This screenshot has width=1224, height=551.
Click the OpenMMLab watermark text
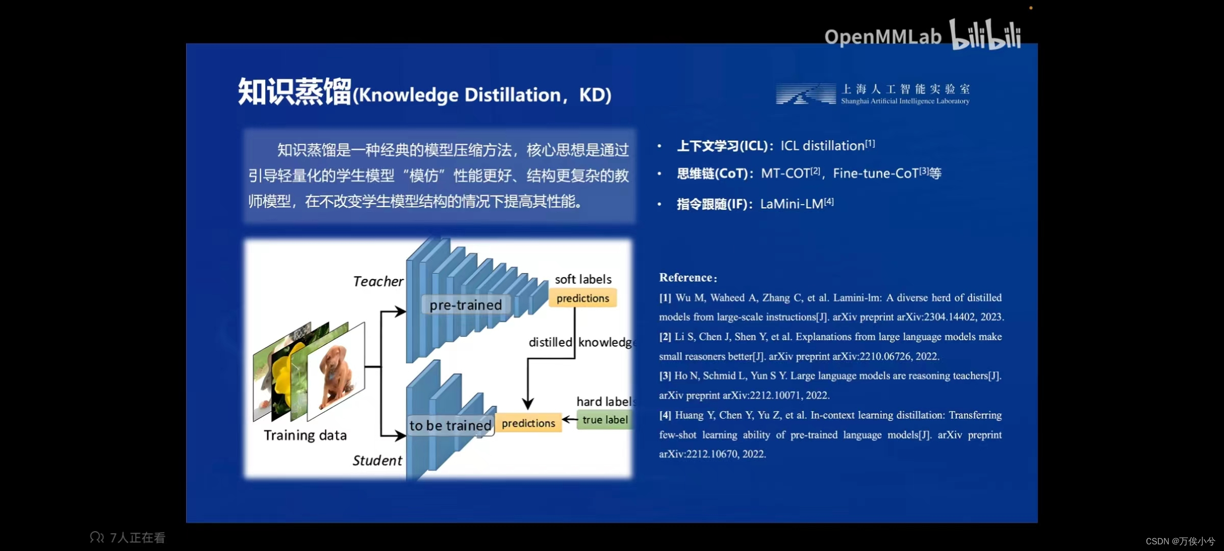click(882, 37)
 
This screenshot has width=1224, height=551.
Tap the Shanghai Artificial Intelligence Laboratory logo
click(872, 94)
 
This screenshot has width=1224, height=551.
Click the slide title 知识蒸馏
click(295, 92)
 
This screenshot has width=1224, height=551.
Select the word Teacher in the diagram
click(378, 282)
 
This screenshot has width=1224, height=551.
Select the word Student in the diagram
click(377, 461)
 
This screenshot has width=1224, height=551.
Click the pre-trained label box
click(465, 305)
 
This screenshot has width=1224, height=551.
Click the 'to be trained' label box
click(450, 425)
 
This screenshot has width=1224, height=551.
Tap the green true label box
click(605, 420)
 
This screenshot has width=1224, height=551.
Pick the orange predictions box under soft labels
click(582, 298)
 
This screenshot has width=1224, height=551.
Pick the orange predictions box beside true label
click(528, 423)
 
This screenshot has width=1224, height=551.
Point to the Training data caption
click(305, 436)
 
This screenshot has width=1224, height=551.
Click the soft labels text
click(583, 279)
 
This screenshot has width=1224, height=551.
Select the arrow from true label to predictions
click(569, 420)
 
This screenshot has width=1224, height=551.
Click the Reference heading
click(687, 278)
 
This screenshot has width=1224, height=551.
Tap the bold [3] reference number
click(665, 376)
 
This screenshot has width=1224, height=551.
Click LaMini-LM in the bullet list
click(792, 204)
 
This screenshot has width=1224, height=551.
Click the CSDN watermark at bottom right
click(1180, 541)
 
